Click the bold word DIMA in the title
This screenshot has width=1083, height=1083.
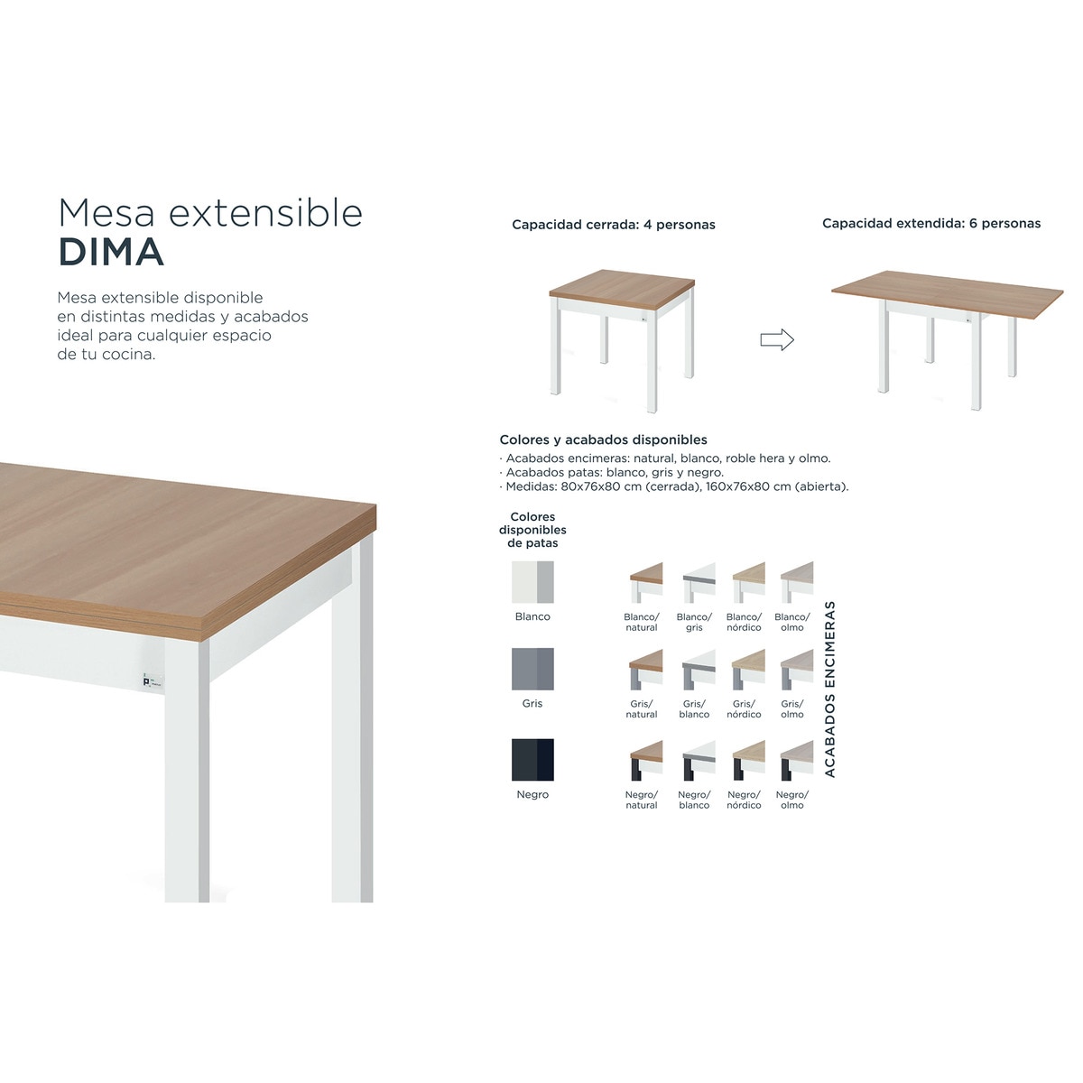111,253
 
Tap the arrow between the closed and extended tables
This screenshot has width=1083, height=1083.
776,340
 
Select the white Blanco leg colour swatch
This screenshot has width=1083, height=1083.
532,582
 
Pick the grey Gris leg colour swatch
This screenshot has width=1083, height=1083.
532,669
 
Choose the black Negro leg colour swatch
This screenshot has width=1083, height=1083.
532,760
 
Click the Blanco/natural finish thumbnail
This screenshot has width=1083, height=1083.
645,582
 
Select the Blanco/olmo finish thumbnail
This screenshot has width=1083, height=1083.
796,582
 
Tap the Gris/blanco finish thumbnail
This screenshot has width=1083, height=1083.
699,670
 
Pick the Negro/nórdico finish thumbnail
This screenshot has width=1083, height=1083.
748,760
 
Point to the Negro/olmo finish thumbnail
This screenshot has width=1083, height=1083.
796,760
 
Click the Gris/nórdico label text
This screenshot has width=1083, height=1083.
744,709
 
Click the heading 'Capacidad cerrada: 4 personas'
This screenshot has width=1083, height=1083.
613,225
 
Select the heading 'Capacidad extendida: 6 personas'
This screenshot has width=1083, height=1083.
930,224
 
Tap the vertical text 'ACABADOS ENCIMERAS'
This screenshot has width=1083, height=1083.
830,689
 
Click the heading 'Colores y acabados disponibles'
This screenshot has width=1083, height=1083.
603,440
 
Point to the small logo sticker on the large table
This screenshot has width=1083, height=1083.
151,681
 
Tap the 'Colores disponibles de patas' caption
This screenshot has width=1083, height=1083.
532,531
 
